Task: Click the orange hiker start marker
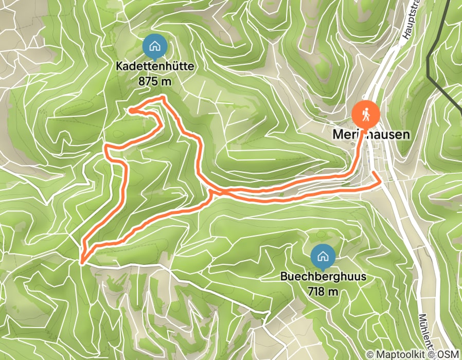point(366,114)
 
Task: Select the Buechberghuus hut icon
point(323,255)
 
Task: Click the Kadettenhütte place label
point(154,68)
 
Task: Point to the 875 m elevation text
point(154,81)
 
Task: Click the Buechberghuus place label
point(323,277)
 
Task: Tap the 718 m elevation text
point(323,291)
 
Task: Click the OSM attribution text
point(449,354)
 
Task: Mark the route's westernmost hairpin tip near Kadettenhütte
point(131,110)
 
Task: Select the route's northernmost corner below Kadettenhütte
point(163,97)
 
